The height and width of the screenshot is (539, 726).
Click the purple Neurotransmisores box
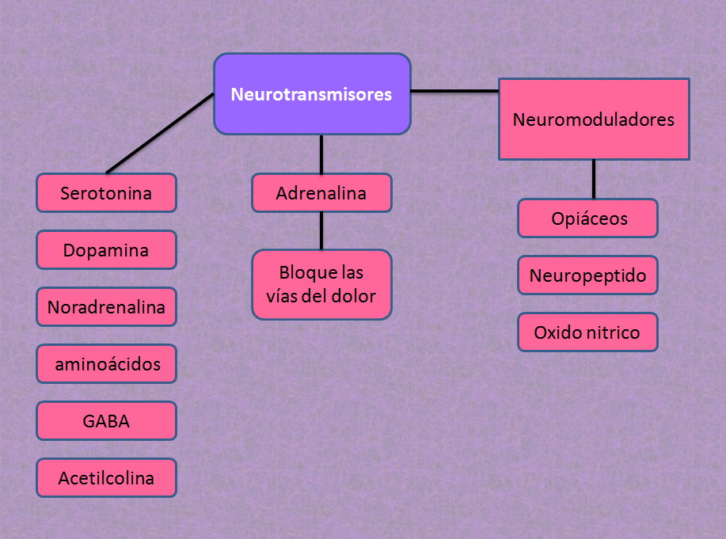(x=312, y=93)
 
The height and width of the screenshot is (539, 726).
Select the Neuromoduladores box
(x=593, y=120)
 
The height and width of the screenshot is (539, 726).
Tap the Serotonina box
(x=106, y=193)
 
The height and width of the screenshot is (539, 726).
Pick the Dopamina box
(x=106, y=250)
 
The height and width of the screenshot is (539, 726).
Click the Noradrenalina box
(x=106, y=307)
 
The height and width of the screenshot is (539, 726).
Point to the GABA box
(x=106, y=421)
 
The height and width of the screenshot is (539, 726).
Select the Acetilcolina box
(x=106, y=478)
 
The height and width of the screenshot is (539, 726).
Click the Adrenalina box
(x=321, y=193)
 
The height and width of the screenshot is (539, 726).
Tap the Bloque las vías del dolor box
(x=321, y=285)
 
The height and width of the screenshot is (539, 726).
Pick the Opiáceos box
(x=587, y=218)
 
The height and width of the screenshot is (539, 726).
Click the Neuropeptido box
(x=587, y=275)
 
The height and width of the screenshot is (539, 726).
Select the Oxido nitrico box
(x=587, y=332)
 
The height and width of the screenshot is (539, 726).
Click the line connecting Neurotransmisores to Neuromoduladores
(x=454, y=92)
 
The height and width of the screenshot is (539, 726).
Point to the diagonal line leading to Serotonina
(x=160, y=132)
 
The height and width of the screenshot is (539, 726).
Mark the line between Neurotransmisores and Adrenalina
(x=321, y=154)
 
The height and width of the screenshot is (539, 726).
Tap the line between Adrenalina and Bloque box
(x=321, y=231)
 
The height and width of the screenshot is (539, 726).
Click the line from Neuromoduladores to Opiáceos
(x=594, y=179)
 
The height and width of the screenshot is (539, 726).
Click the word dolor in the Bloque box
(x=355, y=297)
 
